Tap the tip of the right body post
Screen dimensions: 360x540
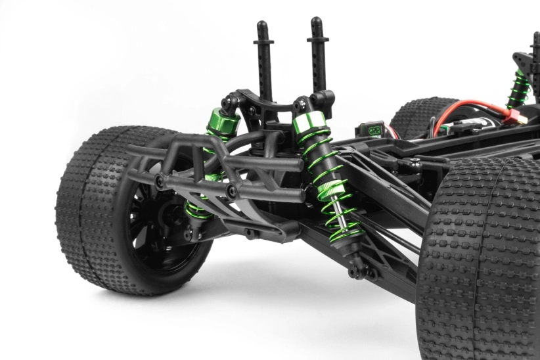[x=316, y=22]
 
